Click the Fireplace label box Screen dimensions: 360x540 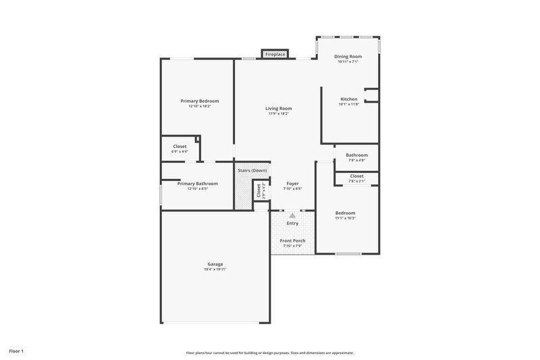click(x=275, y=53)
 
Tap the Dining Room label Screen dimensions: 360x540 click(x=348, y=56)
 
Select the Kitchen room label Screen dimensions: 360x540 click(x=348, y=99)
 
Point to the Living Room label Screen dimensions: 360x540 click(x=278, y=108)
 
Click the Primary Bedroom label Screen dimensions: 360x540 click(x=199, y=101)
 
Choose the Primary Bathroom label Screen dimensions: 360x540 click(x=197, y=183)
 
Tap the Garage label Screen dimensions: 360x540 click(x=215, y=263)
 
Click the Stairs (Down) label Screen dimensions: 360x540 click(x=252, y=170)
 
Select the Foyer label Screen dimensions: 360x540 click(x=292, y=183)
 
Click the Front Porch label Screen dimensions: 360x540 click(x=292, y=240)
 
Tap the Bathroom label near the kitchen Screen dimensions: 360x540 click(x=356, y=155)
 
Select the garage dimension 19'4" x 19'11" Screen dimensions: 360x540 click(x=215, y=269)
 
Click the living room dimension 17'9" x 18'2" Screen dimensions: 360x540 click(x=278, y=113)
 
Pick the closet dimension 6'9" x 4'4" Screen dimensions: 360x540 click(x=180, y=151)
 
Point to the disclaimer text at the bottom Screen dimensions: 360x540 click(x=270, y=353)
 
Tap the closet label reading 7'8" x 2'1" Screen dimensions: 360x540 click(x=356, y=181)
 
